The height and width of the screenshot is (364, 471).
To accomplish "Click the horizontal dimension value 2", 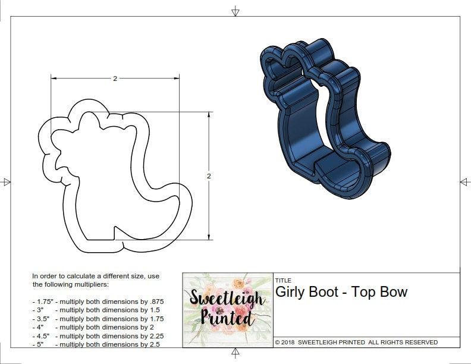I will coord(114,79).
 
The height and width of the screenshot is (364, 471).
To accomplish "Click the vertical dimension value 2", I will coord(209,176).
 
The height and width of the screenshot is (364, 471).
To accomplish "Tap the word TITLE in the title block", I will coord(283,280).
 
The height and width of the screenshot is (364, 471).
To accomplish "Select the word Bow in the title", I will coord(395,292).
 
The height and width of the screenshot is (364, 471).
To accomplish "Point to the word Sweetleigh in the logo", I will coord(227,298).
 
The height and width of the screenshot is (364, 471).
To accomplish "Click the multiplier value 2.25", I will coord(154,335).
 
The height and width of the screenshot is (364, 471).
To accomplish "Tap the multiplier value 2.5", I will coord(152,344).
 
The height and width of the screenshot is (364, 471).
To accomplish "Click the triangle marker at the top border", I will coord(235,11).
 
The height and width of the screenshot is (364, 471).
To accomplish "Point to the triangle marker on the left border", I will coord(7,181).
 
